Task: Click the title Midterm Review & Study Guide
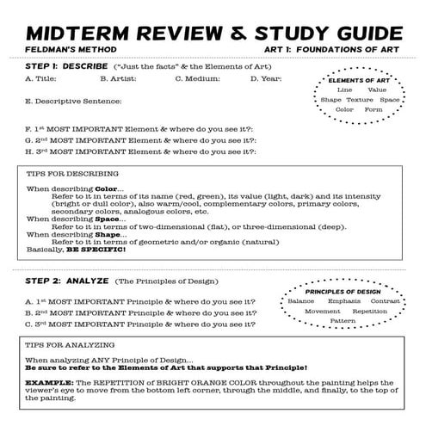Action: click(212, 32)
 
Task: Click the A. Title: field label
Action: click(42, 79)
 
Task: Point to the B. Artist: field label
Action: click(117, 79)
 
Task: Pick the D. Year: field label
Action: click(266, 79)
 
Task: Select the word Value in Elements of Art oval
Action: click(377, 90)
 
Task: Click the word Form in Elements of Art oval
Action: click(374, 110)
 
